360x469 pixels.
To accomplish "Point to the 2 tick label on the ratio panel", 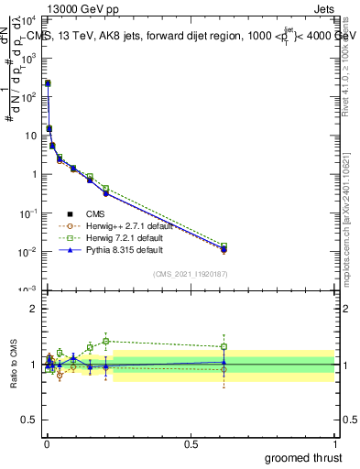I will (34, 309).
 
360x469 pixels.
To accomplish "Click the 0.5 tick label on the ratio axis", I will (29, 421).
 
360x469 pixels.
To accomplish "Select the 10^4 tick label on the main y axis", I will (29, 19).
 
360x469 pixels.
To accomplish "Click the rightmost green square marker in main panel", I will (224, 246).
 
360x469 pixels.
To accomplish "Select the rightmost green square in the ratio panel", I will (224, 346).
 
